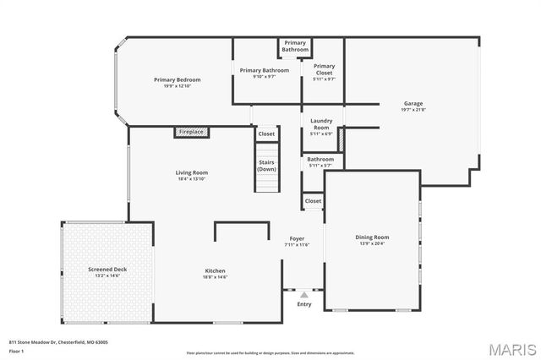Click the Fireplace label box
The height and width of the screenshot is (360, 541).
[192, 132]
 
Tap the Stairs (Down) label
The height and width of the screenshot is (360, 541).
[266, 166]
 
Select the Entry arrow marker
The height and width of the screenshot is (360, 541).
[304, 294]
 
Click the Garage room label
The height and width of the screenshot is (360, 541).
[413, 103]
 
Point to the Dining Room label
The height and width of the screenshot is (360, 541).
[371, 237]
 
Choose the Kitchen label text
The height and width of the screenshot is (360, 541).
[215, 270]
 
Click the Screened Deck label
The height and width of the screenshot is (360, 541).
[107, 270]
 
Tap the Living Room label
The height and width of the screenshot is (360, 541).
[192, 172]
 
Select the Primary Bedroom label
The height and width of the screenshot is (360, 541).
[177, 79]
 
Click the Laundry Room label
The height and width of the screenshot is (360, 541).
[321, 124]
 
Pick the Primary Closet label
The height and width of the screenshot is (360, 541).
[324, 68]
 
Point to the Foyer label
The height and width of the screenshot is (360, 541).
[297, 238]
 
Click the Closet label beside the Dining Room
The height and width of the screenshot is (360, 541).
[313, 201]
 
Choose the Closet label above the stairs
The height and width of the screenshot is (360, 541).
[266, 134]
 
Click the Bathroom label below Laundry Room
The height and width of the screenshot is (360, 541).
[320, 159]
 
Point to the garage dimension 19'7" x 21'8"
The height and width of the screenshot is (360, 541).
[413, 109]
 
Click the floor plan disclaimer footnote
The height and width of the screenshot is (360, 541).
[270, 352]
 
